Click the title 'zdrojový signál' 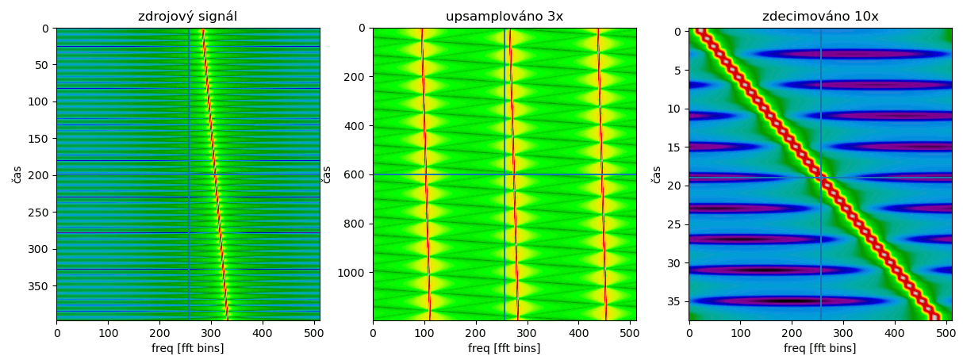[187, 16]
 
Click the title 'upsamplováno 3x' [504, 16]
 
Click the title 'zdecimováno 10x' [820, 16]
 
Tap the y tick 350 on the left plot [40, 285]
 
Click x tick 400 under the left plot [263, 333]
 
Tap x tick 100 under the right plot [740, 333]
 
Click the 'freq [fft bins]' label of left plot [187, 348]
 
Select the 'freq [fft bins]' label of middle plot [504, 348]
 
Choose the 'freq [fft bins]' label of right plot [820, 348]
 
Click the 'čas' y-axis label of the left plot [17, 174]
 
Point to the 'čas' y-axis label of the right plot [656, 174]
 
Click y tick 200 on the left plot [40, 175]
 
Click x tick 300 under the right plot [843, 333]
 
